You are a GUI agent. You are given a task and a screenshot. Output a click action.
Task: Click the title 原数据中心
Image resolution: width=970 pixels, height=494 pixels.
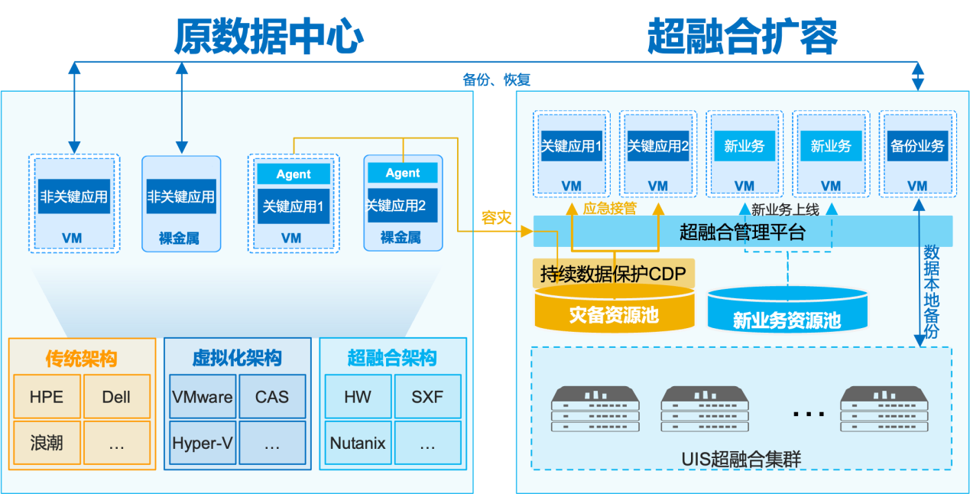click(x=268, y=36)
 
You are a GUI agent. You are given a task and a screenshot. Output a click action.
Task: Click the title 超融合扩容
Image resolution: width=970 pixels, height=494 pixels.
click(x=742, y=36)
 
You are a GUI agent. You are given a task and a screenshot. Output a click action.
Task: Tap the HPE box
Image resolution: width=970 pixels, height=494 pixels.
click(x=47, y=397)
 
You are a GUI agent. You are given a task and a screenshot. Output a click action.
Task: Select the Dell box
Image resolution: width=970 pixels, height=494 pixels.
click(x=116, y=397)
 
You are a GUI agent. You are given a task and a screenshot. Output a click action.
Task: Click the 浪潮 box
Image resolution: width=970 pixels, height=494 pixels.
click(x=47, y=443)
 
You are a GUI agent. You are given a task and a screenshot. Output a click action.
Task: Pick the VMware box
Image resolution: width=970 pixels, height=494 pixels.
click(x=202, y=397)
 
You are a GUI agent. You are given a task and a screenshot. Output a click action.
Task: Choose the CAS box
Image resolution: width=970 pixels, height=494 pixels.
click(x=272, y=397)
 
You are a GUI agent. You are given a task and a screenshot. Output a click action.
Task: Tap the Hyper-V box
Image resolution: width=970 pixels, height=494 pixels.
click(x=202, y=443)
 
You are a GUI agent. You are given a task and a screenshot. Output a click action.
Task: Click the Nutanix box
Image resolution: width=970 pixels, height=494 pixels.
click(x=358, y=443)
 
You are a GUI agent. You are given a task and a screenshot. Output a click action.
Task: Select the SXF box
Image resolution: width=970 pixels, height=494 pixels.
click(x=427, y=397)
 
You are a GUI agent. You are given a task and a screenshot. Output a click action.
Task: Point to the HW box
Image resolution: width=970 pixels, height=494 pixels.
click(x=358, y=397)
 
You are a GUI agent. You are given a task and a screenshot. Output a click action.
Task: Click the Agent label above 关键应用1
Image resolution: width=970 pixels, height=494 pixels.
click(x=294, y=174)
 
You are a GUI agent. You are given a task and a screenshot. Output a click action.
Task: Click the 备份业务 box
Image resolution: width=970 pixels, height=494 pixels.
click(x=917, y=146)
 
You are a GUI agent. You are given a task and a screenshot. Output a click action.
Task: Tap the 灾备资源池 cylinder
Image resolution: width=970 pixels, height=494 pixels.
click(x=614, y=314)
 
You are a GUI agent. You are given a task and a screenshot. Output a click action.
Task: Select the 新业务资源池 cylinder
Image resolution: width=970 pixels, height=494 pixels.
click(x=787, y=320)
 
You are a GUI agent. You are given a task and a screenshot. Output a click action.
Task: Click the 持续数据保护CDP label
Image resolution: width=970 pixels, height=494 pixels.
click(x=613, y=274)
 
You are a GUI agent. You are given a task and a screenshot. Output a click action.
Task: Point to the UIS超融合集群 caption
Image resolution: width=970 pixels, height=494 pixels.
click(x=741, y=460)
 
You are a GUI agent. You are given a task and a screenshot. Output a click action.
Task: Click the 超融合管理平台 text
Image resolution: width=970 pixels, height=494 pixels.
click(x=742, y=232)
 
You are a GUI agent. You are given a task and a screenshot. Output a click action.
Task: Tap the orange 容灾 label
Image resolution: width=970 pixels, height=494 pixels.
click(x=496, y=218)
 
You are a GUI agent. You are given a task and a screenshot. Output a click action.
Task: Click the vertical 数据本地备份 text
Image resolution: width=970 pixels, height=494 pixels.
click(x=932, y=291)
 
